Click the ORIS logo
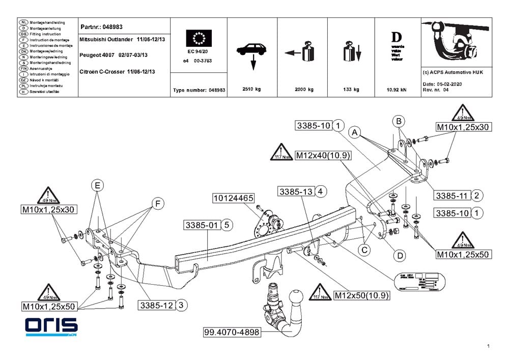click(51, 326)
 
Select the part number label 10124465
click(233, 197)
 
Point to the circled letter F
click(158, 204)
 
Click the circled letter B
click(400, 121)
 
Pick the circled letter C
click(364, 250)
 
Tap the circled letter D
click(400, 255)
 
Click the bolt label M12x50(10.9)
click(361, 295)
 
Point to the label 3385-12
click(158, 305)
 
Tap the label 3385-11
click(451, 195)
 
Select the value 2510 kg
click(251, 89)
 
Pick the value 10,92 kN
click(397, 89)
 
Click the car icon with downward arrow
click(250, 53)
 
